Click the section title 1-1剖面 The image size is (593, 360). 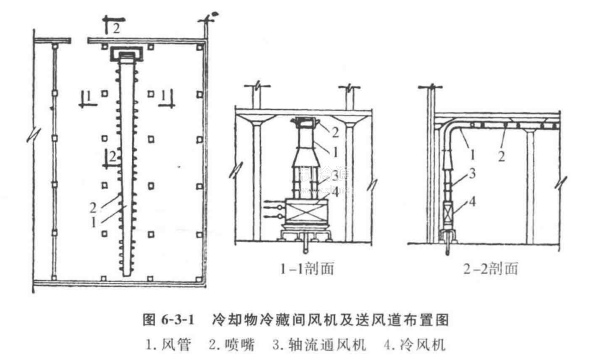pyautogui.click(x=307, y=268)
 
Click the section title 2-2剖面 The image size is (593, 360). pyautogui.click(x=490, y=268)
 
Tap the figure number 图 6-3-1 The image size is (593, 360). pyautogui.click(x=168, y=320)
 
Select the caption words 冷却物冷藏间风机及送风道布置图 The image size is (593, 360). pyautogui.click(x=331, y=320)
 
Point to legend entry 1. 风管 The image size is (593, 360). pyautogui.click(x=168, y=345)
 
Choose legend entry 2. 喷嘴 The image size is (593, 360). pyautogui.click(x=231, y=345)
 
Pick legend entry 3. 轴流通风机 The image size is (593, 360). pyautogui.click(x=319, y=345)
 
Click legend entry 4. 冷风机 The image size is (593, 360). pyautogui.click(x=414, y=345)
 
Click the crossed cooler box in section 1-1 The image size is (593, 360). pyautogui.click(x=306, y=211)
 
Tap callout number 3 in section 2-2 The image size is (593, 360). pyautogui.click(x=472, y=174)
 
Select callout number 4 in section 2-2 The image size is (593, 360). pyautogui.click(x=472, y=202)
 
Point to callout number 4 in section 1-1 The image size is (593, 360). pyautogui.click(x=334, y=192)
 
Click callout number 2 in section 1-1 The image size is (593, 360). pyautogui.click(x=335, y=132)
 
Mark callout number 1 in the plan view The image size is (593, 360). pyautogui.click(x=93, y=223)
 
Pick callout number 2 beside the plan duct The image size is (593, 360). pyautogui.click(x=93, y=208)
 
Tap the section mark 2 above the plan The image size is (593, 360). pyautogui.click(x=116, y=28)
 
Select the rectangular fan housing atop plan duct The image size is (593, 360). pyautogui.click(x=126, y=54)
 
